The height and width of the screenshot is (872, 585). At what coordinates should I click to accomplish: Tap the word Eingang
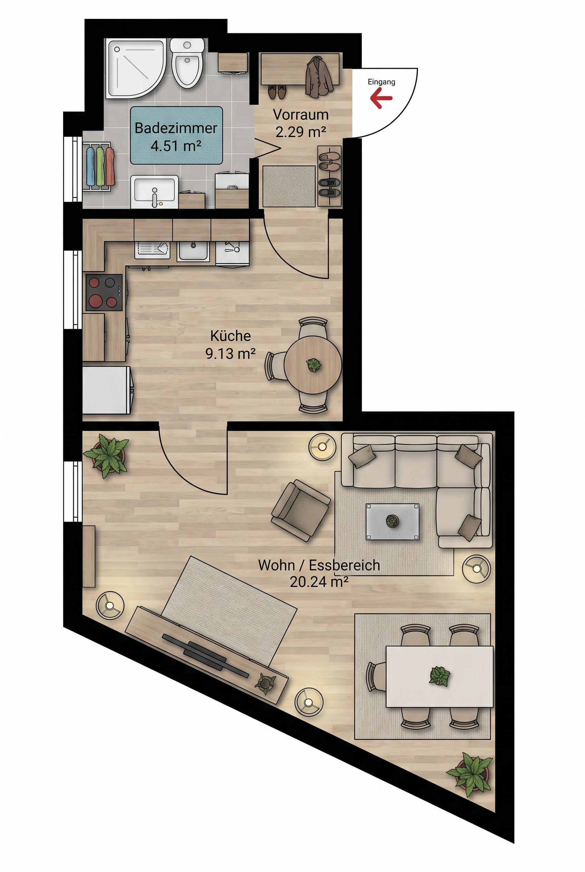381,82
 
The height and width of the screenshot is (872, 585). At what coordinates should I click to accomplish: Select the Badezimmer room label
176,128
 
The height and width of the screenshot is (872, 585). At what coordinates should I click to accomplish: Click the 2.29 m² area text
300,132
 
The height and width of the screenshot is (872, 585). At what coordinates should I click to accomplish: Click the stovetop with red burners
104,293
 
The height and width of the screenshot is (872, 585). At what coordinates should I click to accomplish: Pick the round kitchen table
313,365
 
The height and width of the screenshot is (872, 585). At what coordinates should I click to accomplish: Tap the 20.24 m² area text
319,582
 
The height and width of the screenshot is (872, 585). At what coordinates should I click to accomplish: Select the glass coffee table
392,522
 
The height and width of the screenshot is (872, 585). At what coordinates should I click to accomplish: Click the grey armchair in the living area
301,510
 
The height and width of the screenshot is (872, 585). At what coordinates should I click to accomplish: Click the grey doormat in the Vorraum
289,186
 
